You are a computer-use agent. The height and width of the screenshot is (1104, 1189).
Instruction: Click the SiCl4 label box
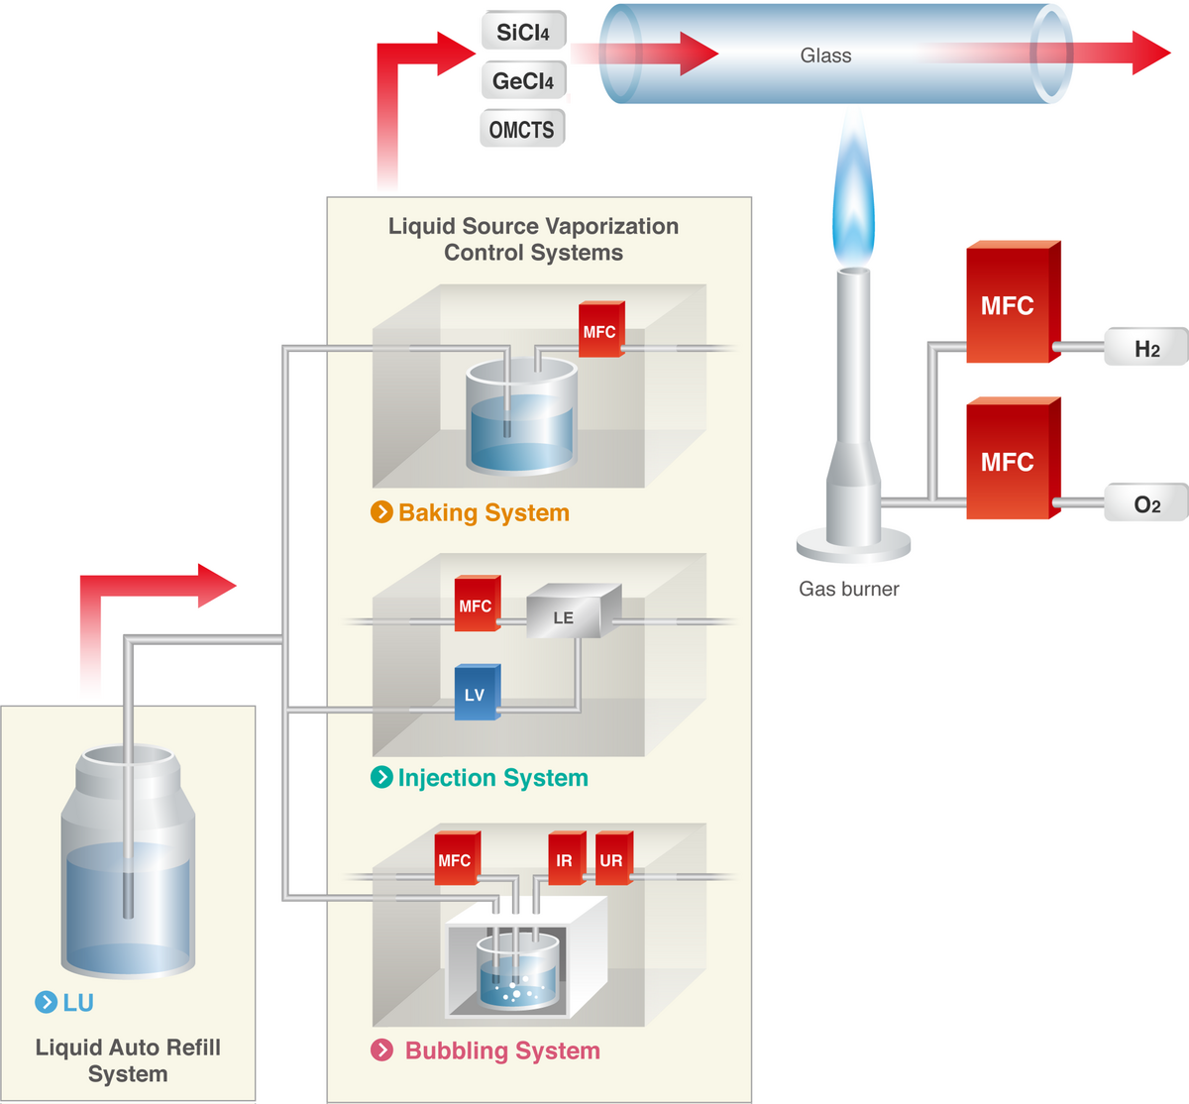(x=523, y=32)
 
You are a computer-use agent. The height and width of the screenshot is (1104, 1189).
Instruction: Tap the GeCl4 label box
(x=523, y=80)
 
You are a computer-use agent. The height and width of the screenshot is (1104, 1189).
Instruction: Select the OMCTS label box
(x=522, y=129)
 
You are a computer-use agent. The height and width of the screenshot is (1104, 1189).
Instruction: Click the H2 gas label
(x=1146, y=348)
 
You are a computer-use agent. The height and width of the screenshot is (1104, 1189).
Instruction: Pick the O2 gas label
(x=1146, y=504)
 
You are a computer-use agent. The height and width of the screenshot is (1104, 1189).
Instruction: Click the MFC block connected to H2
(x=1010, y=304)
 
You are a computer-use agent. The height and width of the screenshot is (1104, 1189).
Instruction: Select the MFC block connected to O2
(x=1010, y=461)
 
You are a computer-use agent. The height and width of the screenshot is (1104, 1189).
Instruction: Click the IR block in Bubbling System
(x=565, y=859)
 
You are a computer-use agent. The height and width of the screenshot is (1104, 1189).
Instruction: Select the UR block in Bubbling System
(x=611, y=859)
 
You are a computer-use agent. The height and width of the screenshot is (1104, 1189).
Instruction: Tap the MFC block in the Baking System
(x=599, y=331)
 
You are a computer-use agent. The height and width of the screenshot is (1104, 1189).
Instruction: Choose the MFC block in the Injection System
(x=476, y=605)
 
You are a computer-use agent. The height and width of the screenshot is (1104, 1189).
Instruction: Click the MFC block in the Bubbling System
(x=456, y=859)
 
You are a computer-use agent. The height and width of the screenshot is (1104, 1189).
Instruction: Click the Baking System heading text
(x=484, y=512)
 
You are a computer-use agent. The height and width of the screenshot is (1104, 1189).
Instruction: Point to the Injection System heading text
(x=492, y=778)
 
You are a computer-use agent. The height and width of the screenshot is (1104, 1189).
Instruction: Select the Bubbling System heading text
(x=502, y=1050)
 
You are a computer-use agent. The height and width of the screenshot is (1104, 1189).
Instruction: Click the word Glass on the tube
(x=825, y=55)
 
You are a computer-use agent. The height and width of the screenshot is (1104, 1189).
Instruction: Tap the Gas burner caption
(x=849, y=589)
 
